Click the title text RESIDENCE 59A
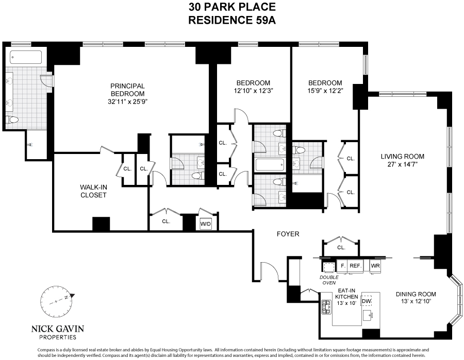[x=231, y=21]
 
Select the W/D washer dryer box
[x=205, y=224]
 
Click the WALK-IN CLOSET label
[x=93, y=191]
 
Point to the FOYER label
[x=288, y=234]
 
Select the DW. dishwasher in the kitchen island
[x=367, y=301]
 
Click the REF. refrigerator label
[x=355, y=266]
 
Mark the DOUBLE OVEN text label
[x=329, y=279]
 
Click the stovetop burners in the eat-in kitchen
[x=326, y=307]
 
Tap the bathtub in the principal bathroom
[x=25, y=57]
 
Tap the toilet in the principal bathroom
[x=13, y=119]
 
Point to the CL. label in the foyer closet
[x=341, y=248]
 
